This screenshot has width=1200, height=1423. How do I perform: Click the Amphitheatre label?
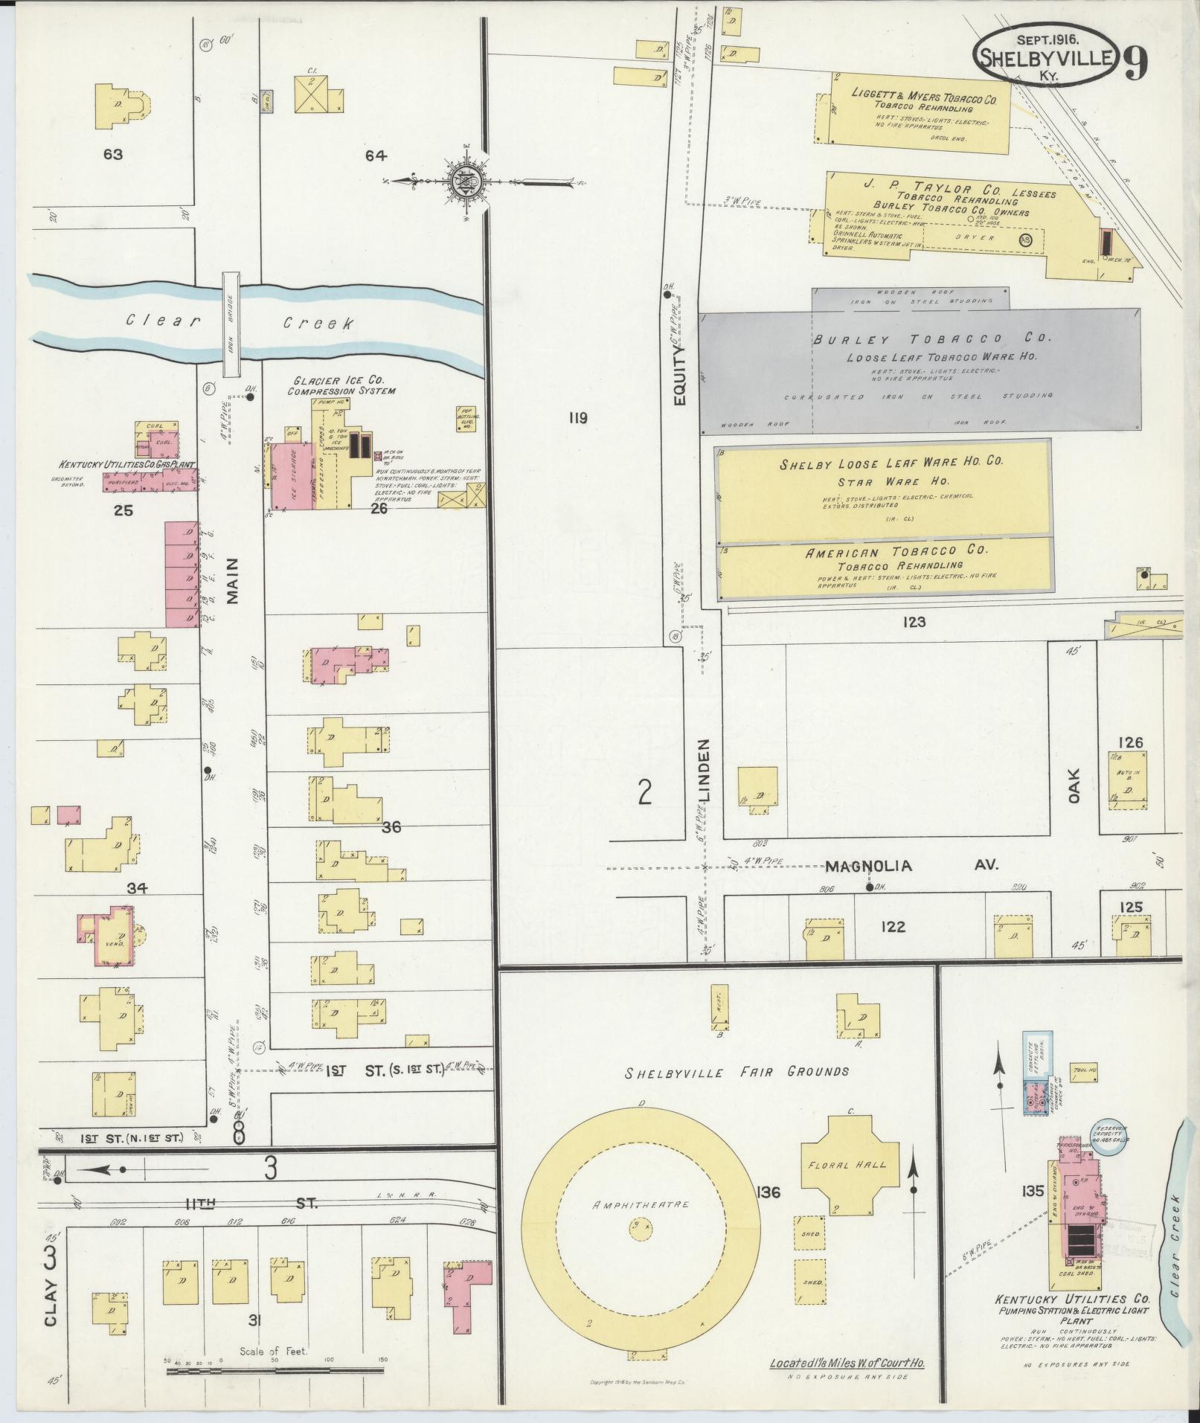[x=641, y=1204]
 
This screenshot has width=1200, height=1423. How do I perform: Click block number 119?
[x=577, y=418]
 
